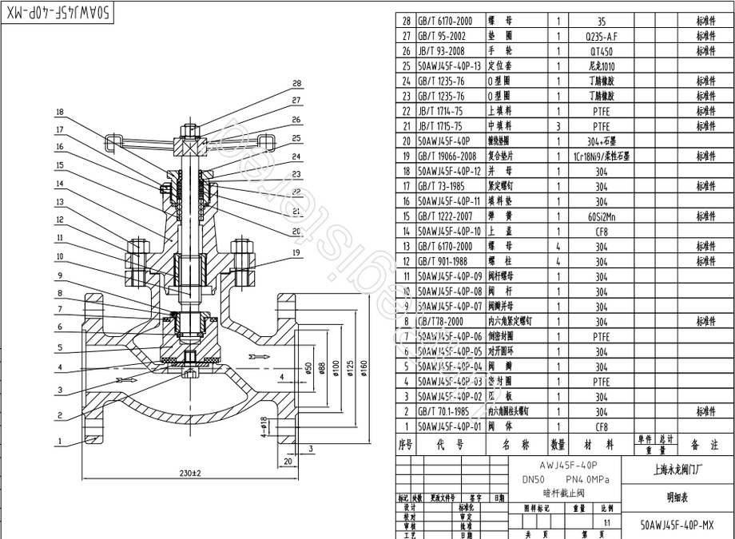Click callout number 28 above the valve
pos(297,83)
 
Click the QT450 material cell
pos(601,51)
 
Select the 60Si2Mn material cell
pos(601,216)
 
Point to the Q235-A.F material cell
pos(601,36)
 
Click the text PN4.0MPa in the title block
pos(586,479)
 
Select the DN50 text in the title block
pos(533,479)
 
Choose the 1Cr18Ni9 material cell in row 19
pos(601,157)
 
